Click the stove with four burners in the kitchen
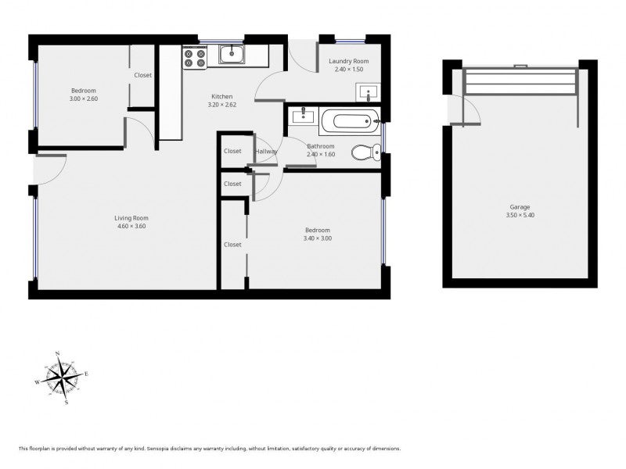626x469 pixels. [194, 57]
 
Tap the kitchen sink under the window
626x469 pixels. [232, 55]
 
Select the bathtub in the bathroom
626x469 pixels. [351, 121]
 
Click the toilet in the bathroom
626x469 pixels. [364, 152]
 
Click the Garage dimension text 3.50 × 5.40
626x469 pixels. [520, 215]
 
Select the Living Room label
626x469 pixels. [131, 218]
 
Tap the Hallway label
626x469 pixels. [265, 151]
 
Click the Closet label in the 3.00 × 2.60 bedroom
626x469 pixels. [143, 75]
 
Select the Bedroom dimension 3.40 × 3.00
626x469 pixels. [318, 238]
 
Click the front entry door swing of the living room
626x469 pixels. [51, 170]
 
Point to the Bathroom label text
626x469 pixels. [320, 146]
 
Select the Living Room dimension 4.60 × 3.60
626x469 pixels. [131, 227]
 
